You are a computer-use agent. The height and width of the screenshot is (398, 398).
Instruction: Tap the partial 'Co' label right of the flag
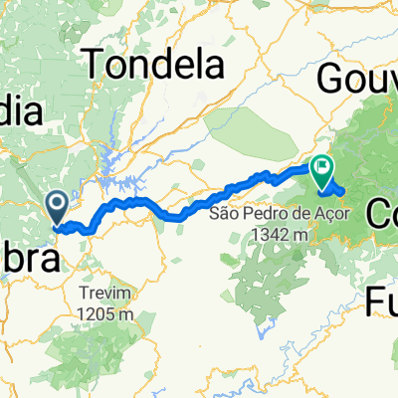tap(383, 210)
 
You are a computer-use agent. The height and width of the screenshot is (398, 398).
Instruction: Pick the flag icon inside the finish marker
tap(323, 168)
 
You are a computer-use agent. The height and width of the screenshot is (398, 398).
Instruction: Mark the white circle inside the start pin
tap(58, 204)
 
